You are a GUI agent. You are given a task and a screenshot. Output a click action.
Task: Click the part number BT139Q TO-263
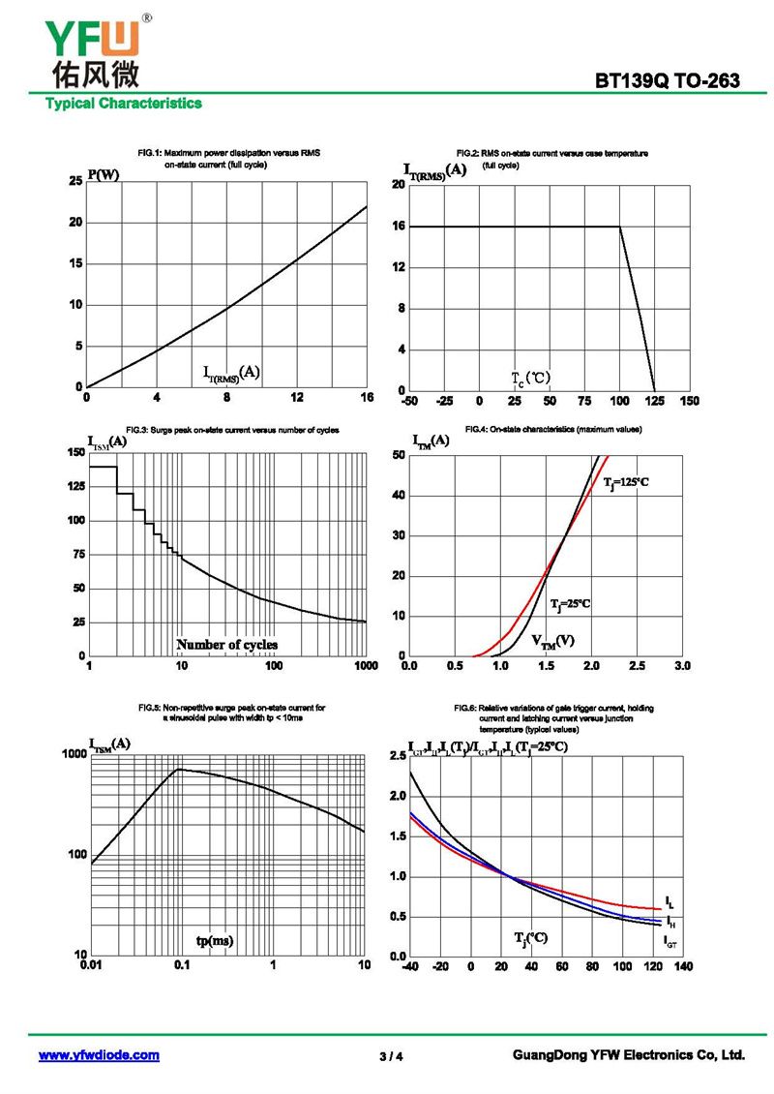pyautogui.click(x=668, y=81)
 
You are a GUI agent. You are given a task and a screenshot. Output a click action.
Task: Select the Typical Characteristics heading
pyautogui.click(x=123, y=104)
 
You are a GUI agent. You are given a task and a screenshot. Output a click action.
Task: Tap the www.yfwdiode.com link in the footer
pyautogui.click(x=99, y=1055)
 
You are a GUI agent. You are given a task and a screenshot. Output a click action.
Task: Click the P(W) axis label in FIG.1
pyautogui.click(x=104, y=175)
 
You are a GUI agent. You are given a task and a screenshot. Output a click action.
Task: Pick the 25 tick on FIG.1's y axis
pyautogui.click(x=75, y=181)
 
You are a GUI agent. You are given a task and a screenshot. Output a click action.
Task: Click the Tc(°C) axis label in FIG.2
pyautogui.click(x=530, y=377)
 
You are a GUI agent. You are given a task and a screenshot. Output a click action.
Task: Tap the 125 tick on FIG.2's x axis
pyautogui.click(x=655, y=401)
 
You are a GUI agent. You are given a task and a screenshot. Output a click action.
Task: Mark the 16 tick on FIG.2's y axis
pyautogui.click(x=398, y=227)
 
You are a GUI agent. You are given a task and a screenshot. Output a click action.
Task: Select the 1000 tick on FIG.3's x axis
pyautogui.click(x=365, y=666)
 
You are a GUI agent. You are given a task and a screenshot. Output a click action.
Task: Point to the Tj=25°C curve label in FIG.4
pyautogui.click(x=570, y=604)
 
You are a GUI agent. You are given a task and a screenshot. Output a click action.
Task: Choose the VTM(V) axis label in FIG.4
pyautogui.click(x=552, y=641)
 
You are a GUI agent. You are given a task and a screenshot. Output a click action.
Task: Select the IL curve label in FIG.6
pyautogui.click(x=670, y=903)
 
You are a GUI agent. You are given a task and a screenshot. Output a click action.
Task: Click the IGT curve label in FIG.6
pyautogui.click(x=670, y=939)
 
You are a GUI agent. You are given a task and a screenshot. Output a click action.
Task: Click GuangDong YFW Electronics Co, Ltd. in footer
pyautogui.click(x=628, y=1055)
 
